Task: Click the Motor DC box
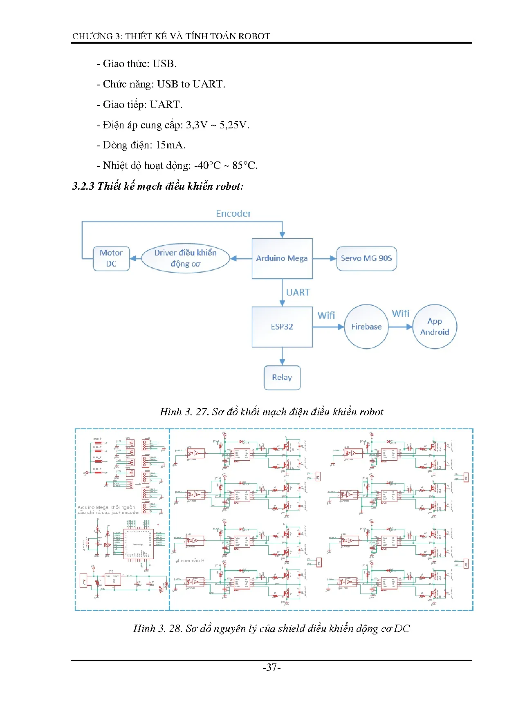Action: click(111, 258)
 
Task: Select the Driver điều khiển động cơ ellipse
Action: click(185, 258)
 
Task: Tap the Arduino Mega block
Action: click(282, 258)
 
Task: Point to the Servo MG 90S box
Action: click(366, 258)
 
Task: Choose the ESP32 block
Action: click(282, 327)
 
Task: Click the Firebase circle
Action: click(366, 327)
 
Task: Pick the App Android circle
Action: click(435, 327)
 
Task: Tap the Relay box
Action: click(282, 378)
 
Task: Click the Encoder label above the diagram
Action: click(233, 213)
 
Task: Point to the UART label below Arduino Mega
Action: click(298, 293)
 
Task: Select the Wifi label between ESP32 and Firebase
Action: click(326, 316)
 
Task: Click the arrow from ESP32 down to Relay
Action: click(282, 356)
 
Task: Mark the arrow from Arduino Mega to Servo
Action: click(325, 258)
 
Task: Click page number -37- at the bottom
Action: click(271, 668)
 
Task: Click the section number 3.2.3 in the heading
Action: click(83, 186)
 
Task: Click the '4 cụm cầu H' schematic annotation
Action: click(190, 560)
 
